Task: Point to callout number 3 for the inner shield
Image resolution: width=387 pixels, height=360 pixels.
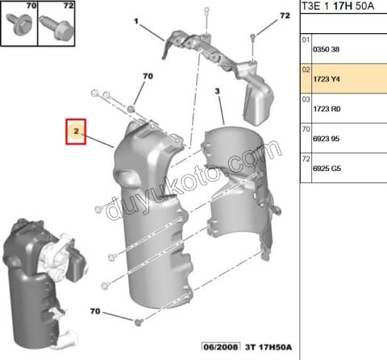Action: click(x=217, y=94)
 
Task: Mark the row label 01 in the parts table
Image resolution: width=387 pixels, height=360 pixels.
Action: click(x=306, y=39)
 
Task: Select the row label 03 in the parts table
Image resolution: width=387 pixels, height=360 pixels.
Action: click(x=306, y=98)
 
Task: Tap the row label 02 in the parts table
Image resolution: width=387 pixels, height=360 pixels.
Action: click(x=306, y=69)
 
